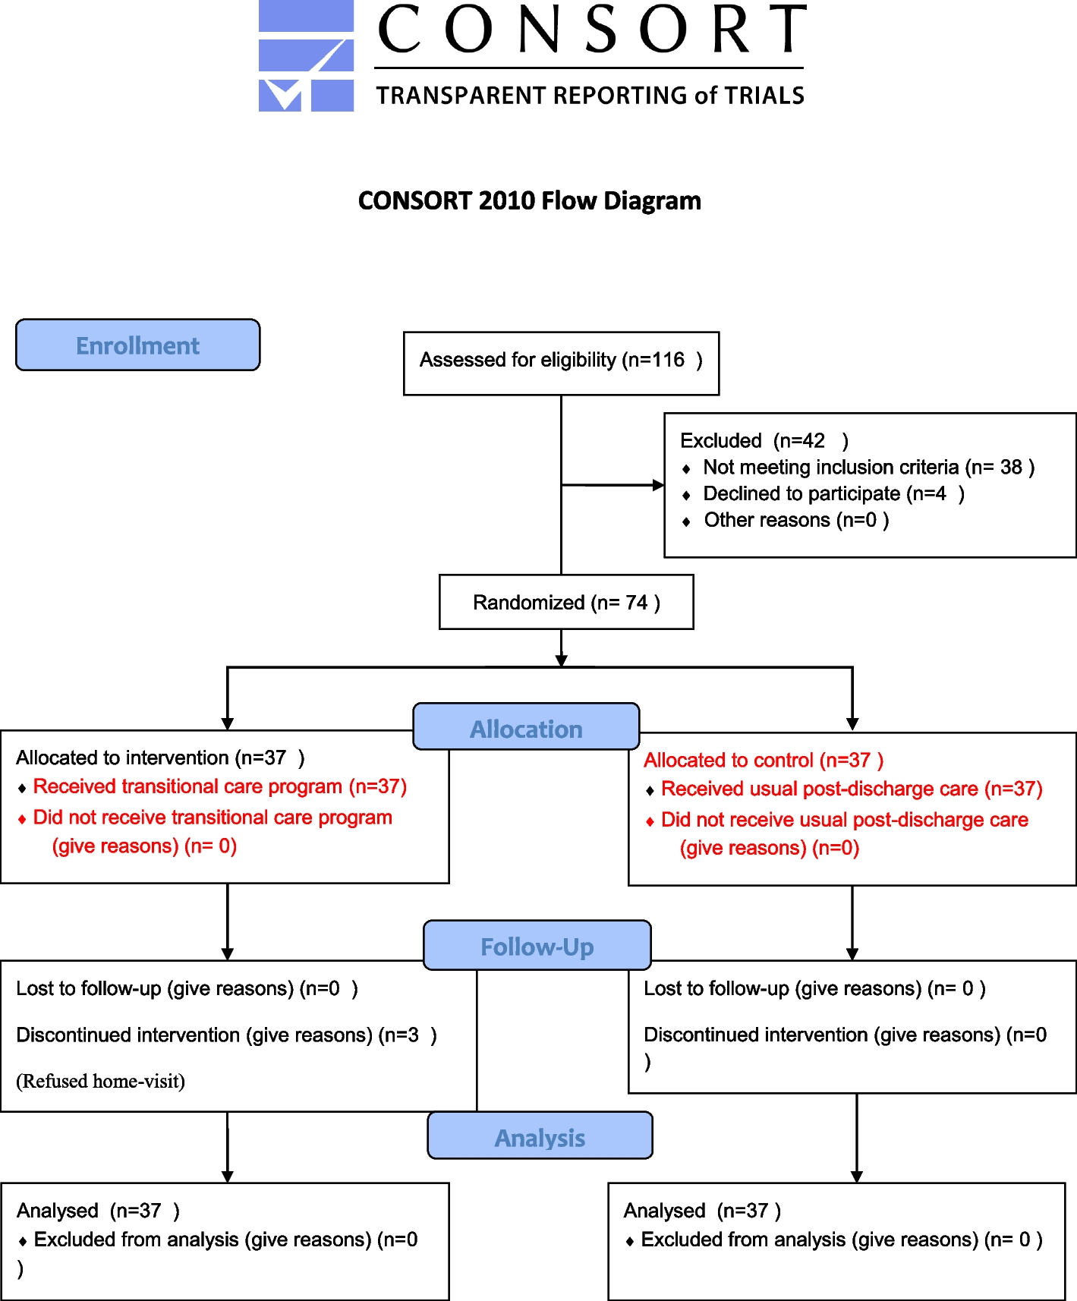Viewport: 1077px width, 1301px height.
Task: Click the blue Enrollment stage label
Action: (137, 345)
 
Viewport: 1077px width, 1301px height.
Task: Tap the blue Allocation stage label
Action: (526, 729)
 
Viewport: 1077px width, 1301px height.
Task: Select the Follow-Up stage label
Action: (537, 947)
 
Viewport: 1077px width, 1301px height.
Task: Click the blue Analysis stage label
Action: (540, 1137)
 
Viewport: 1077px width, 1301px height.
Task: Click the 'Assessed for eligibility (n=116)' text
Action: (560, 360)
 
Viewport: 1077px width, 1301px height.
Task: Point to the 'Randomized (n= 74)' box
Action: (566, 603)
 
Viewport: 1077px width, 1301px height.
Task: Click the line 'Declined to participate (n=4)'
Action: (833, 494)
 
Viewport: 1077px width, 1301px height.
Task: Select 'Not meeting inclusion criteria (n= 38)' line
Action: (868, 468)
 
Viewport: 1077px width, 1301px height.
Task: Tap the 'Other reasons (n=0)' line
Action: (795, 521)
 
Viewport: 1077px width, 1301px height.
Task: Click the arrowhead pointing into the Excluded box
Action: (658, 485)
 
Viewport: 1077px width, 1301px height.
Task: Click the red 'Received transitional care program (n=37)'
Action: (220, 787)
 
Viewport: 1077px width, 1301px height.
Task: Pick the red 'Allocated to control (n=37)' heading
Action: (764, 761)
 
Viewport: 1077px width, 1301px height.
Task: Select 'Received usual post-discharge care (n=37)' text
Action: (852, 789)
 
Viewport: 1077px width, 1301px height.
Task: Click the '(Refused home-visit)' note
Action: (101, 1082)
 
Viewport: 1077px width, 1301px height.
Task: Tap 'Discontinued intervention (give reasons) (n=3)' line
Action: (226, 1035)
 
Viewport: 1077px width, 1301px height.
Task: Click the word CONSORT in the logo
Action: (591, 30)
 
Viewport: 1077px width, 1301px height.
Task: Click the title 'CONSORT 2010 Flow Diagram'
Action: (529, 201)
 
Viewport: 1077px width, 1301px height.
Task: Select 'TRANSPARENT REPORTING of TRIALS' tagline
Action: (590, 96)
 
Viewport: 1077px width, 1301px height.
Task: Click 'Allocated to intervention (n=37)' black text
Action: (160, 758)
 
